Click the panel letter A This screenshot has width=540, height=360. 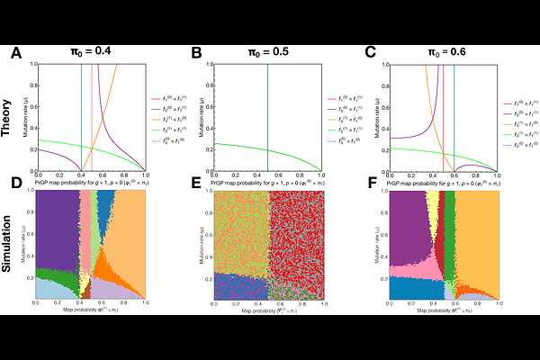pyautogui.click(x=15, y=53)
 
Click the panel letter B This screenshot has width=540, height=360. pyautogui.click(x=196, y=53)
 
